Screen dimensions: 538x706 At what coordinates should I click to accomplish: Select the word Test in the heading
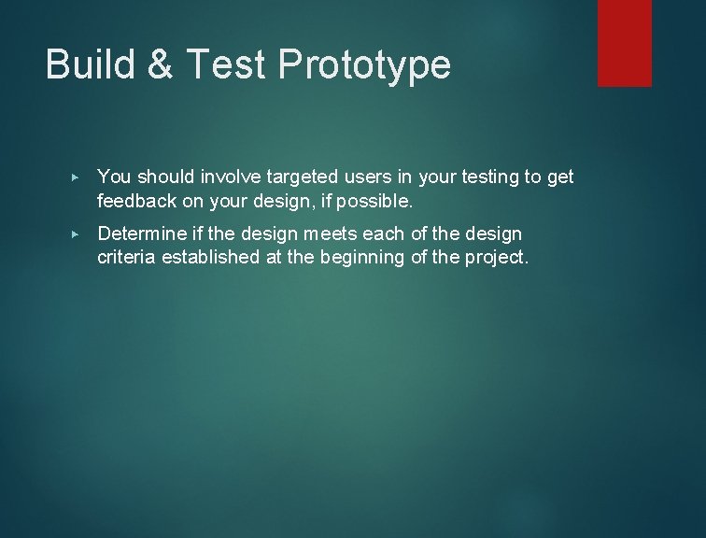pos(218,65)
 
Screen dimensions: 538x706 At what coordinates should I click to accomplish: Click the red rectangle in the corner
pos(624,43)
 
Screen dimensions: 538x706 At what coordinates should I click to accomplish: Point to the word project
pos(498,257)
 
